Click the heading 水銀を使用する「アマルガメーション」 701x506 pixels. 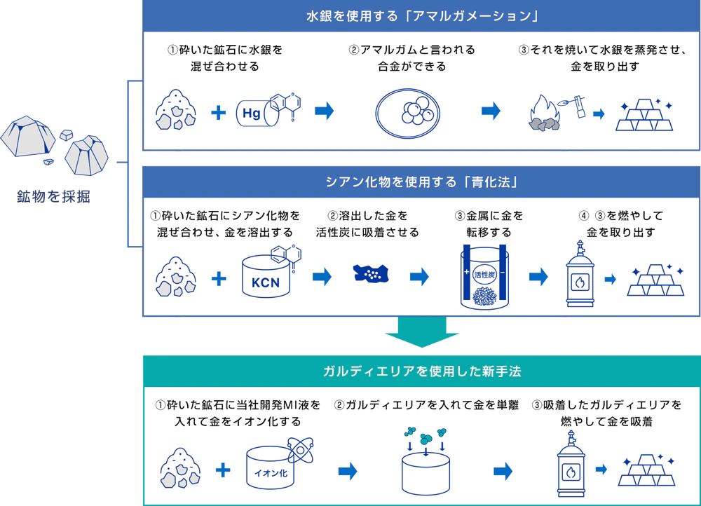pos(421,15)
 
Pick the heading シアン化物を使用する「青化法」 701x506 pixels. pos(421,182)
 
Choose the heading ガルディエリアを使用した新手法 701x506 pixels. pos(421,370)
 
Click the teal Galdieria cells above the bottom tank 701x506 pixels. pos(426,437)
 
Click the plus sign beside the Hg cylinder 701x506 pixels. pos(219,112)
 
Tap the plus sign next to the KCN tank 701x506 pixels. pos(219,278)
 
